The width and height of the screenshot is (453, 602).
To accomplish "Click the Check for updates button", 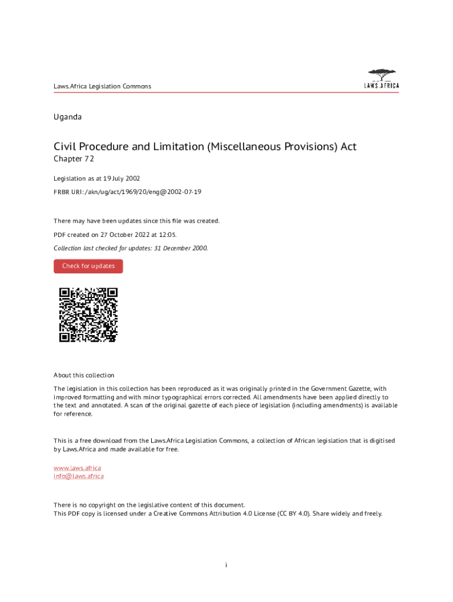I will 88,266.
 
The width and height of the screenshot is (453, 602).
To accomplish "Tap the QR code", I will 88,315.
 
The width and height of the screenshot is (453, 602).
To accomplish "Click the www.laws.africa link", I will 77,468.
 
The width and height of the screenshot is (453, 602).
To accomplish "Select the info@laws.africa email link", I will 78,476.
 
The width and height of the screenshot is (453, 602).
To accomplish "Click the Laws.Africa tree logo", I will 381,79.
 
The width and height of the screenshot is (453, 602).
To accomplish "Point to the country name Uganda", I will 68,117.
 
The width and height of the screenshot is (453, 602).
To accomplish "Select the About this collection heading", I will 84,375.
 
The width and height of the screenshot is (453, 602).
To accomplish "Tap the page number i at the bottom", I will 226,566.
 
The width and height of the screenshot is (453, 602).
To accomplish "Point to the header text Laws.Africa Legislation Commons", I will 102,86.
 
